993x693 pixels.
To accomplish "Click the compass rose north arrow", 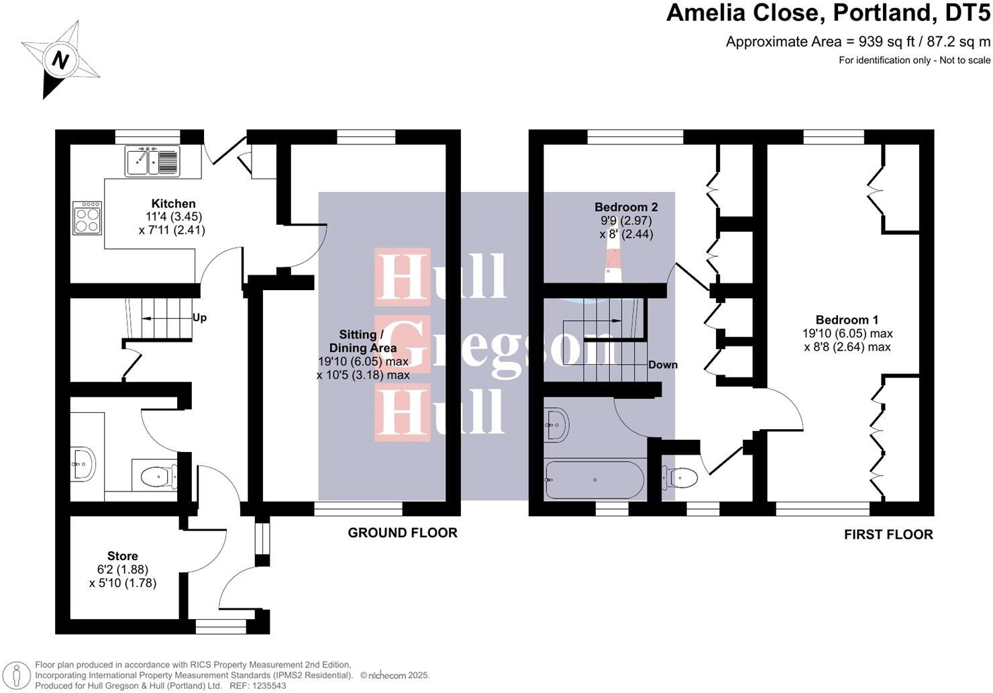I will [x=60, y=60].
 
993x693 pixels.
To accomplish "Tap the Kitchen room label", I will [x=173, y=203].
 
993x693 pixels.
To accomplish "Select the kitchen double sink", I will [x=152, y=161].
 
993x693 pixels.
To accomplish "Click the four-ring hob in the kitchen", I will [x=87, y=217].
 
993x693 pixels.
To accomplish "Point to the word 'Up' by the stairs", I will [x=199, y=318].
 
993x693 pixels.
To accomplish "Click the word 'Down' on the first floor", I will [x=662, y=365].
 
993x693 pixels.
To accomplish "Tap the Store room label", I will [x=122, y=555].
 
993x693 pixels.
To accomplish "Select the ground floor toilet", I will [x=158, y=476].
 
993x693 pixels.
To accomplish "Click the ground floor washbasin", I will [x=83, y=464].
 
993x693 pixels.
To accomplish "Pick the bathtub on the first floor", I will [x=594, y=479].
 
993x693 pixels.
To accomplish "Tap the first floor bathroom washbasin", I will [x=557, y=424].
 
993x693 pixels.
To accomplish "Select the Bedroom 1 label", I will [x=847, y=320].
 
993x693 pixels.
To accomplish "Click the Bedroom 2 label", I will [x=625, y=207].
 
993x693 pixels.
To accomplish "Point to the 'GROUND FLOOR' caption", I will [x=402, y=533].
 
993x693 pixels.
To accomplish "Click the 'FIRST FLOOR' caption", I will [x=888, y=535].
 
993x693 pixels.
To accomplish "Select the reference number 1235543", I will [x=268, y=686].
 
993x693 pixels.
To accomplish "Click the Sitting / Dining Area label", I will [x=362, y=341].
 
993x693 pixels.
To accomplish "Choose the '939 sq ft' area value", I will [x=880, y=42].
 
